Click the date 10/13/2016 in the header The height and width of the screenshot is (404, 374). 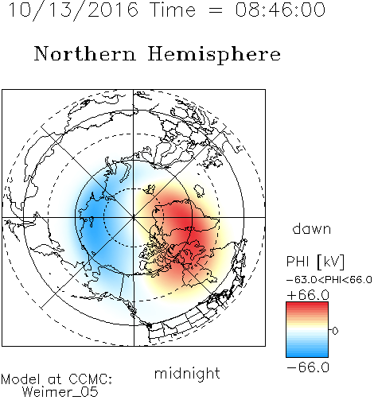(73, 10)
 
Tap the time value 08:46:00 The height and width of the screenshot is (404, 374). (280, 10)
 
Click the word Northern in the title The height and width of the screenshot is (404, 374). (85, 53)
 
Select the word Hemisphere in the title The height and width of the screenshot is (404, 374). (214, 55)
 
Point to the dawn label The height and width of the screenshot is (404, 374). (312, 228)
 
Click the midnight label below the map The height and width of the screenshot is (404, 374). (187, 373)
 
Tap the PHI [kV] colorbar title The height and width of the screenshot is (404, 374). (315, 262)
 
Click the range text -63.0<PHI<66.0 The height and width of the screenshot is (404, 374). (329, 280)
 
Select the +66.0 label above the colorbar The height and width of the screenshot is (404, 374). (308, 295)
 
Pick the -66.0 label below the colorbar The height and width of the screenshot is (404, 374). (308, 367)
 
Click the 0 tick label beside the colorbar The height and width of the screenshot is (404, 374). (335, 331)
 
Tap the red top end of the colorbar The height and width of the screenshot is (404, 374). (307, 304)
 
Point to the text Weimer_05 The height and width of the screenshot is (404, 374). (60, 392)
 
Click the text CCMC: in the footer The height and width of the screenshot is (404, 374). (90, 379)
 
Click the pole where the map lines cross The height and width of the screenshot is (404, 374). (134, 217)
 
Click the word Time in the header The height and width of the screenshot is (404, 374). (173, 10)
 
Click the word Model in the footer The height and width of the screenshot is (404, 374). (21, 379)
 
